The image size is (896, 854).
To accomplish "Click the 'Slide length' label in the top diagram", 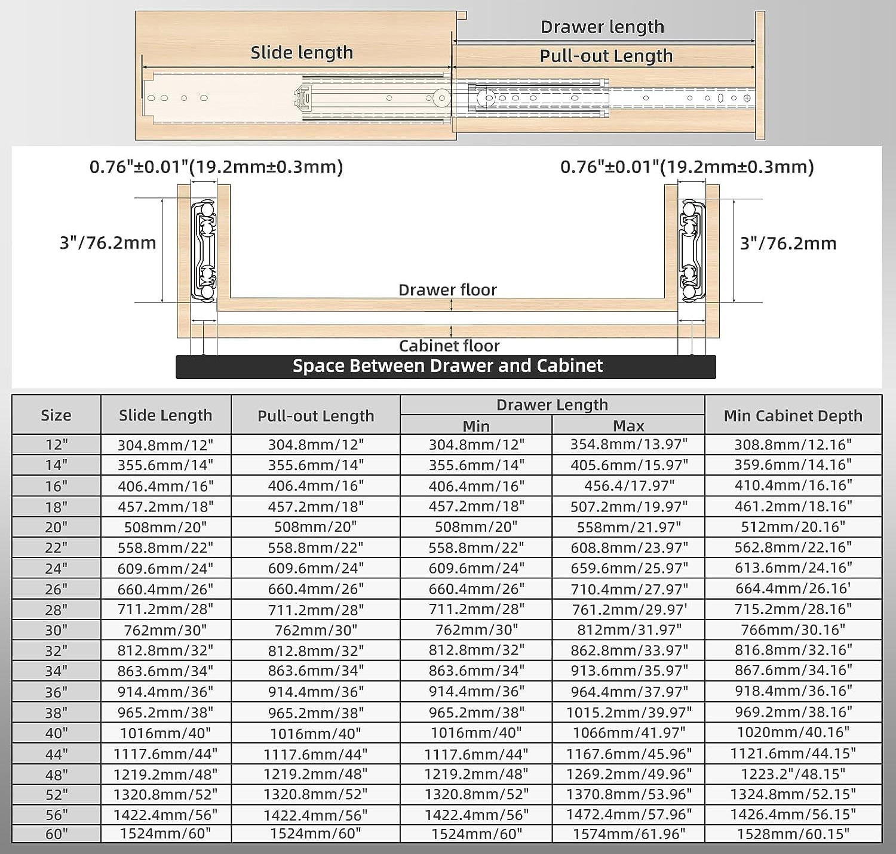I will pyautogui.click(x=302, y=53).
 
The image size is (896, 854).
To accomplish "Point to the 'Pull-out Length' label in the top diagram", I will pyautogui.click(x=606, y=56).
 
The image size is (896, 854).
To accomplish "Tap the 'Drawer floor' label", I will pyautogui.click(x=447, y=290).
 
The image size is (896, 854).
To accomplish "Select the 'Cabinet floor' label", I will pyautogui.click(x=449, y=346).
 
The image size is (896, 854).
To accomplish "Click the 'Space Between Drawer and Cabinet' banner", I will pyautogui.click(x=447, y=366).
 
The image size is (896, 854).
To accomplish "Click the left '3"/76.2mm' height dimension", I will pyautogui.click(x=108, y=243).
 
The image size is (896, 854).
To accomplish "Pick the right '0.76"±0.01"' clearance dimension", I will pyautogui.click(x=687, y=167).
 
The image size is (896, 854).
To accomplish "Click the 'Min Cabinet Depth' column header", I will pyautogui.click(x=793, y=415).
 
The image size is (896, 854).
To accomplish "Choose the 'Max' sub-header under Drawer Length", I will pyautogui.click(x=628, y=426).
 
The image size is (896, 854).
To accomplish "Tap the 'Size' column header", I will pyautogui.click(x=56, y=415).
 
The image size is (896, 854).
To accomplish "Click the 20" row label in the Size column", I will pyautogui.click(x=56, y=527).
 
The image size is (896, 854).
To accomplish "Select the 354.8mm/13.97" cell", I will pyautogui.click(x=628, y=445).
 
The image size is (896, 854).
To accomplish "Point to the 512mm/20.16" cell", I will pyautogui.click(x=793, y=526).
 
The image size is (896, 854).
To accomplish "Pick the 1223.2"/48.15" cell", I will pyautogui.click(x=793, y=774).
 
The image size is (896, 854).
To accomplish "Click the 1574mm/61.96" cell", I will pyautogui.click(x=628, y=834).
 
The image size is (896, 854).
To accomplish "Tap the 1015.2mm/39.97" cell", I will pyautogui.click(x=628, y=712).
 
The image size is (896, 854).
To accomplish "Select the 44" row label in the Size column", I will pyautogui.click(x=56, y=754).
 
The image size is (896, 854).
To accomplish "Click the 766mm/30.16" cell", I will pyautogui.click(x=793, y=630).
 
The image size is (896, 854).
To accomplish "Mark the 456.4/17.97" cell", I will pyautogui.click(x=628, y=486).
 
